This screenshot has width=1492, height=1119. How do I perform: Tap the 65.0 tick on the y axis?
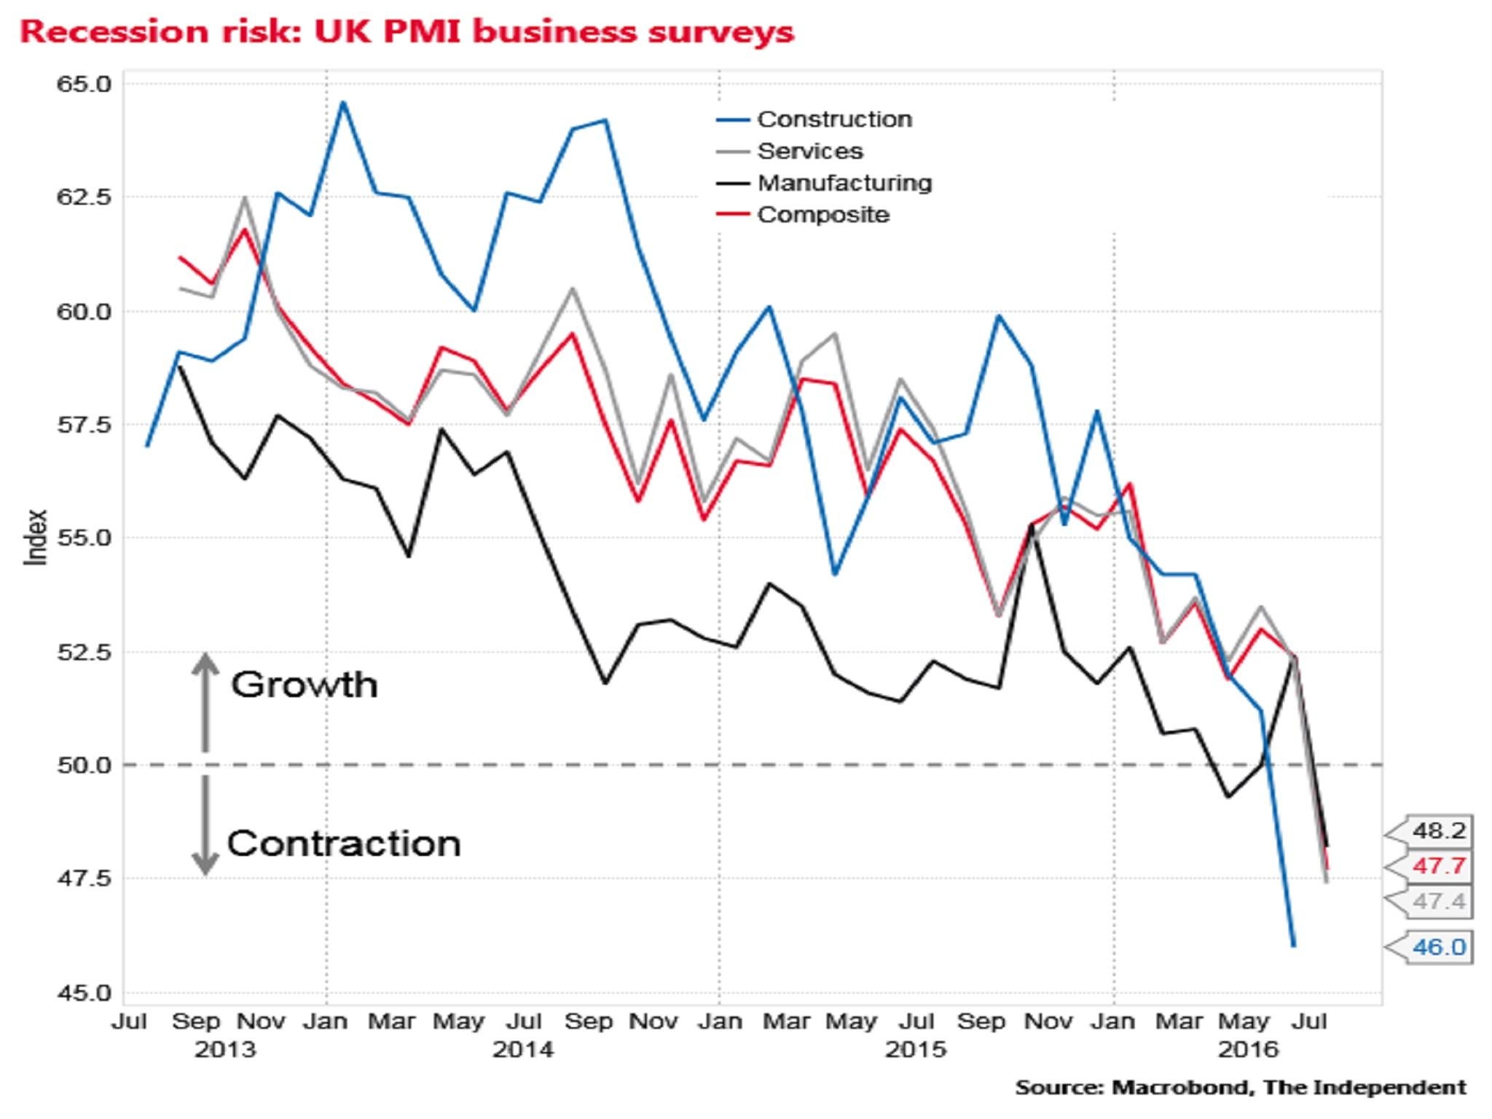tap(85, 85)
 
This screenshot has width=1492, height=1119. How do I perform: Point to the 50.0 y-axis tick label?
tap(85, 766)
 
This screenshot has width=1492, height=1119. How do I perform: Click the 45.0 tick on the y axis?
tap(85, 993)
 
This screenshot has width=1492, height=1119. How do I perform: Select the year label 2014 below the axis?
tap(523, 1050)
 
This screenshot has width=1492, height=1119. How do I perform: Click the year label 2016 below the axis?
tap(1249, 1050)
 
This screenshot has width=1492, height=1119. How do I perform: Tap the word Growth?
tap(305, 685)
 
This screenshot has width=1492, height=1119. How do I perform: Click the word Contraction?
tap(344, 844)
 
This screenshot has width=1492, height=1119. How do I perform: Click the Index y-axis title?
tap(36, 537)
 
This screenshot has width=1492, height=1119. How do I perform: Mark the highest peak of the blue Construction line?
tap(344, 103)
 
